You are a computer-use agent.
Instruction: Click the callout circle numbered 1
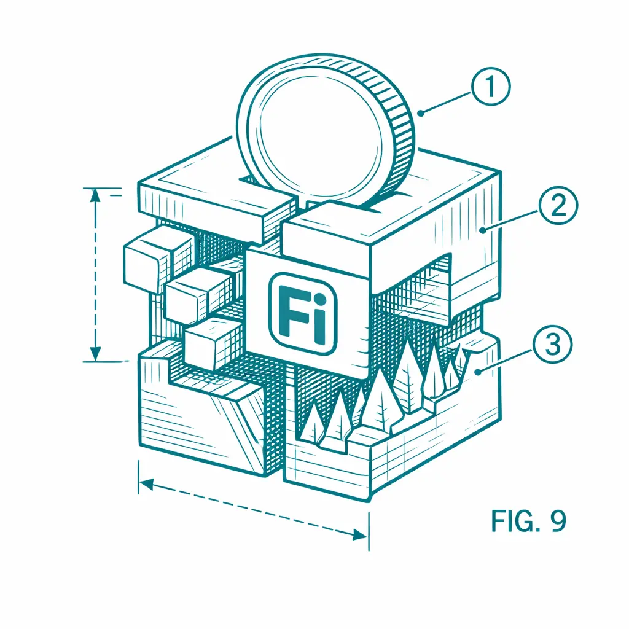490,87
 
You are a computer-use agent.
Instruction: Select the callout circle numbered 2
558,206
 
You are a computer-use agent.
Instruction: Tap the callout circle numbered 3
552,345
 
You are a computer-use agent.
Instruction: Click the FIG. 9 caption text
528,521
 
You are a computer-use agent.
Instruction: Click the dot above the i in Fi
319,299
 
